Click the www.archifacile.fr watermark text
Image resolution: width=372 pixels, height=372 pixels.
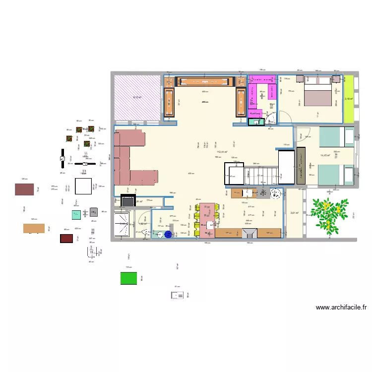click(341, 308)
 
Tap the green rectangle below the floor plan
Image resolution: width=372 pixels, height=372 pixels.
click(128, 278)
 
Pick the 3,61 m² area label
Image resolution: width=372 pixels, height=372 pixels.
click(294, 213)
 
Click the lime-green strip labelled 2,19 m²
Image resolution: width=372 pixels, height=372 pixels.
click(349, 99)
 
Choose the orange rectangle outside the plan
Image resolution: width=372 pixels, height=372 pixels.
click(34, 228)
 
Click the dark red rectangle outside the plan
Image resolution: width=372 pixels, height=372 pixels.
click(66, 238)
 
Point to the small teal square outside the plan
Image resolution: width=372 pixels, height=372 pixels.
click(76, 215)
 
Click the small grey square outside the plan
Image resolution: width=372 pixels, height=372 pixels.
click(94, 212)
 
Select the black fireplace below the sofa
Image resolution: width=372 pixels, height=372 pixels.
click(127, 201)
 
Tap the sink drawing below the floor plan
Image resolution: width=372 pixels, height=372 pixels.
click(177, 295)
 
